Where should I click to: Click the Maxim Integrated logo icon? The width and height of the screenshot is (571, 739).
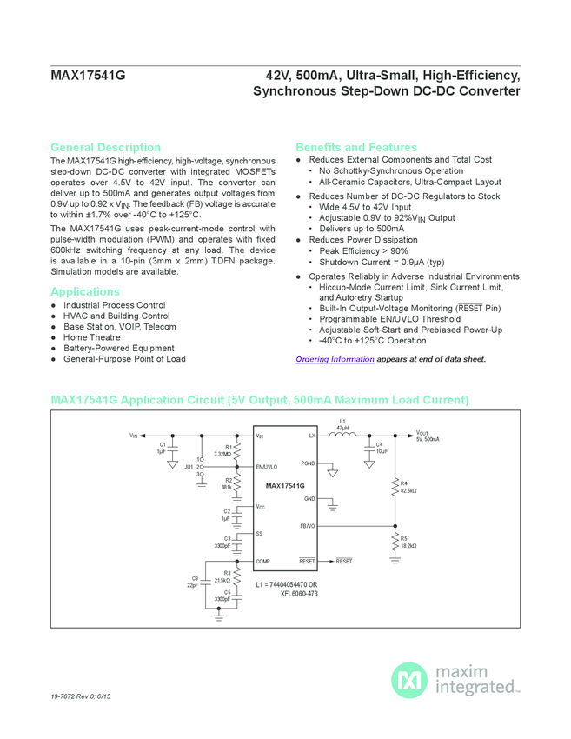[408, 678]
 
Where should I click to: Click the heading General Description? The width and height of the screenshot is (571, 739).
[105, 148]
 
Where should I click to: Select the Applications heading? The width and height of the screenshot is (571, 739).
[85, 292]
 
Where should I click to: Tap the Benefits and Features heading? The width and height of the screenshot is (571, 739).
[356, 148]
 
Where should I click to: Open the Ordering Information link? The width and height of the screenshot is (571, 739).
[335, 359]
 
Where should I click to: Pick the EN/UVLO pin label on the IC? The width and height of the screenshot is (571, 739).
[266, 467]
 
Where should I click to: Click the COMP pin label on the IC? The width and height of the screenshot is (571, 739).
[263, 562]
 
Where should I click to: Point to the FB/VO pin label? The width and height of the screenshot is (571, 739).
[308, 526]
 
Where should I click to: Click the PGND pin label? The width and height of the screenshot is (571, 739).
[308, 463]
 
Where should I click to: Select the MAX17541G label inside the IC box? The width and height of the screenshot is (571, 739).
[285, 485]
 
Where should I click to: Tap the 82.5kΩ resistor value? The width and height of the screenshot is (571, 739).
[408, 491]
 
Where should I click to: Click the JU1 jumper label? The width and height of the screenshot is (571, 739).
[189, 466]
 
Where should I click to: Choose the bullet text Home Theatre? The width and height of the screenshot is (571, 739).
[92, 337]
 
